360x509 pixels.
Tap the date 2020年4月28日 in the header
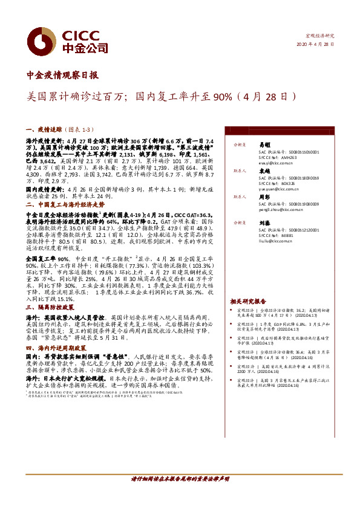(x=316, y=44)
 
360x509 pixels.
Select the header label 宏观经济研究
(x=319, y=36)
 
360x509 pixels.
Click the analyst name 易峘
(x=264, y=145)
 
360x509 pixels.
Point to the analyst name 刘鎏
(x=264, y=222)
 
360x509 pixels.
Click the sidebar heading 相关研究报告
(x=247, y=301)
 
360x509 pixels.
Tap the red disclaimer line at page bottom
(x=180, y=478)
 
